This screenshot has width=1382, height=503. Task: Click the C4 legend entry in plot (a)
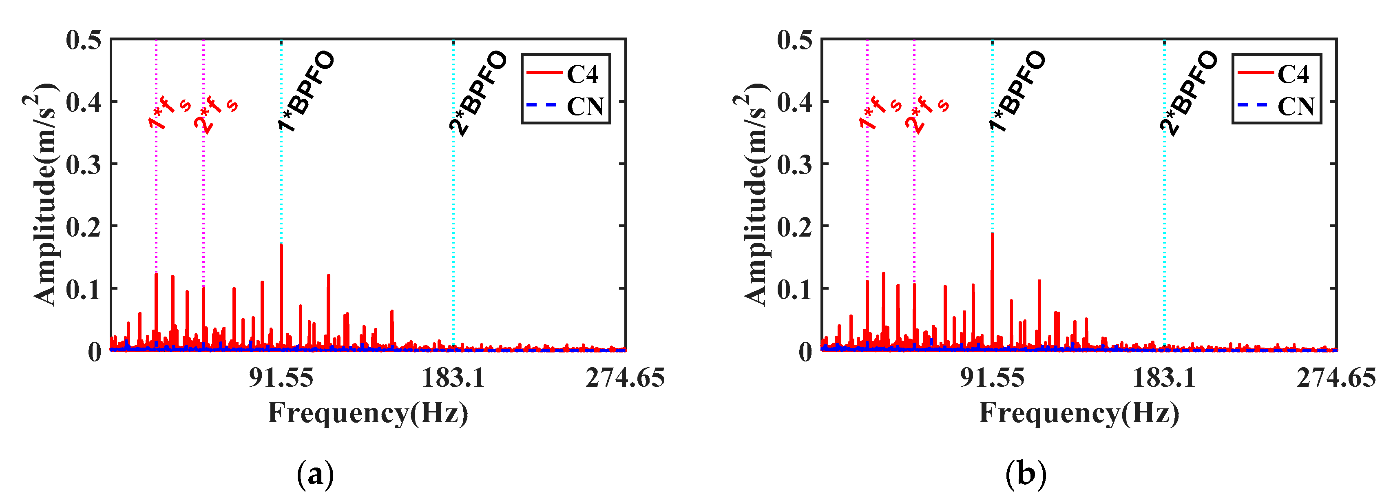(582, 74)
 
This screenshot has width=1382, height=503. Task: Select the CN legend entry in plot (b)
(1296, 106)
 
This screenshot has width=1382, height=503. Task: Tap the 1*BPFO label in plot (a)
(306, 91)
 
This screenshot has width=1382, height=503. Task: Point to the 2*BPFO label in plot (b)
(1188, 92)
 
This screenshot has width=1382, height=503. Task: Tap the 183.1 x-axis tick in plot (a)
(453, 378)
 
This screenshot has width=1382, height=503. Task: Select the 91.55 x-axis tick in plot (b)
(992, 378)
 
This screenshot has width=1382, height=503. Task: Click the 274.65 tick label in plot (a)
(625, 378)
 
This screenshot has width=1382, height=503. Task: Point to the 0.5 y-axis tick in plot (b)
(794, 40)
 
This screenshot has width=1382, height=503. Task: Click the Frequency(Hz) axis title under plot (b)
(1079, 413)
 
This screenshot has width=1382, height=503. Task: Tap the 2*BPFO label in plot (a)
(478, 92)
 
